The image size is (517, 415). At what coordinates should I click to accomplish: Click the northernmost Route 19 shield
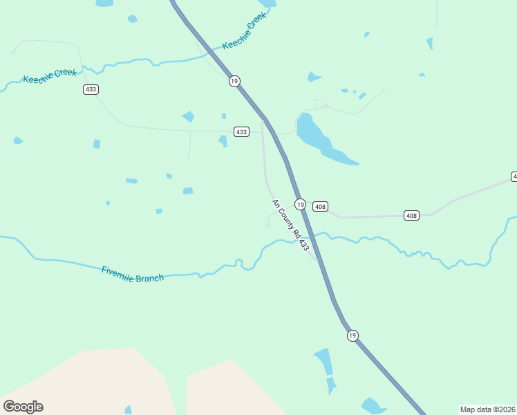(234, 81)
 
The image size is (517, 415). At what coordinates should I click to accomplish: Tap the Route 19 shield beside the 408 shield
(300, 204)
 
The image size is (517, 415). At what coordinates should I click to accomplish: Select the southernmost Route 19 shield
(352, 335)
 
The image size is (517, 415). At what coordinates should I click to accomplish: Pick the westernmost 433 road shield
(91, 89)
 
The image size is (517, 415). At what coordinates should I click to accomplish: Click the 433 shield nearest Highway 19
(241, 131)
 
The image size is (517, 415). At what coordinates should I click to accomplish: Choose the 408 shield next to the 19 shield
(319, 206)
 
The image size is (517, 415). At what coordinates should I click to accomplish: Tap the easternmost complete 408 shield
(411, 216)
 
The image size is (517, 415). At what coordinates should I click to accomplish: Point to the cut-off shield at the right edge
(514, 177)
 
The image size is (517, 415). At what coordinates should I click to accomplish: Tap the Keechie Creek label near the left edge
(50, 76)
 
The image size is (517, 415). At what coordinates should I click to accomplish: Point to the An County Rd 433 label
(290, 225)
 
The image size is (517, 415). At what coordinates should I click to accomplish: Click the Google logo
(23, 407)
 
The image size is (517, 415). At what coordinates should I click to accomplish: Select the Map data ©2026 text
(487, 409)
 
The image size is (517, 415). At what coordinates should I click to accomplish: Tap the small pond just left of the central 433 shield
(223, 140)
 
